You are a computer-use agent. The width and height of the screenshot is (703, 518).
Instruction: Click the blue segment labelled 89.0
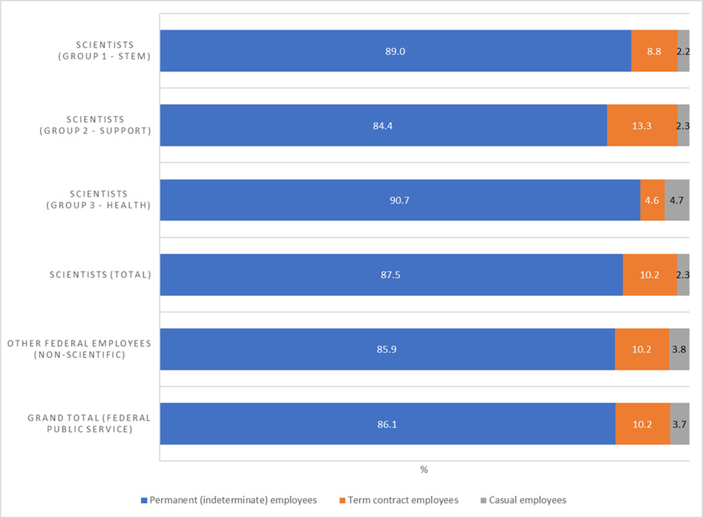click(x=395, y=51)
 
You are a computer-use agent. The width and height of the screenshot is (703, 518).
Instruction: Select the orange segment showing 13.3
click(x=642, y=126)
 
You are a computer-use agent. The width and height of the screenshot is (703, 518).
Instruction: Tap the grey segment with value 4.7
click(x=677, y=200)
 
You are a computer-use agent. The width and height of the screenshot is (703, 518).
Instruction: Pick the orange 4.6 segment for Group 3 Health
click(x=652, y=200)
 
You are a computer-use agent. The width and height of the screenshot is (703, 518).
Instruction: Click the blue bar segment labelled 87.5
click(x=391, y=275)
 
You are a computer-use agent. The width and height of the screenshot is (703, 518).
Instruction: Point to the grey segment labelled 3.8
click(x=679, y=350)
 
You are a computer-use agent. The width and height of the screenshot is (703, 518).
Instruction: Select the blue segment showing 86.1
click(x=387, y=424)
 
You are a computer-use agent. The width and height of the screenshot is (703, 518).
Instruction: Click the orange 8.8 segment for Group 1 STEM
click(x=654, y=51)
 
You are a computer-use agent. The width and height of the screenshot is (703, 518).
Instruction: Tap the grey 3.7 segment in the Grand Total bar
click(x=680, y=424)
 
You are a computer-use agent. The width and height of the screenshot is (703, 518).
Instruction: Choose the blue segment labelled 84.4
click(x=384, y=126)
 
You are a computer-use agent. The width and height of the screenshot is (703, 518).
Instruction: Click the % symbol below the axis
click(x=424, y=470)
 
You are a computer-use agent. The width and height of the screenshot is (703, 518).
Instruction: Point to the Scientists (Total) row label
click(x=101, y=275)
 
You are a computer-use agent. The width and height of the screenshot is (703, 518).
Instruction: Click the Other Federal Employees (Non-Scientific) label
click(x=79, y=349)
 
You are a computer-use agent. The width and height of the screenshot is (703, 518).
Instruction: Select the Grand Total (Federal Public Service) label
click(x=89, y=424)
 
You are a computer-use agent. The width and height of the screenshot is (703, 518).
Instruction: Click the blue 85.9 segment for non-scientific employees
click(x=387, y=350)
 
